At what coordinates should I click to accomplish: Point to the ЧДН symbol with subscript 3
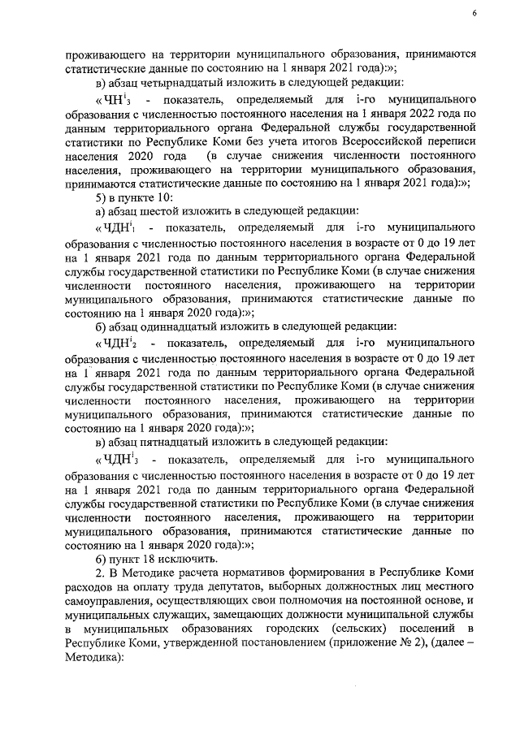click(119, 457)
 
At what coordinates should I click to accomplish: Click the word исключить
click(188, 559)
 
